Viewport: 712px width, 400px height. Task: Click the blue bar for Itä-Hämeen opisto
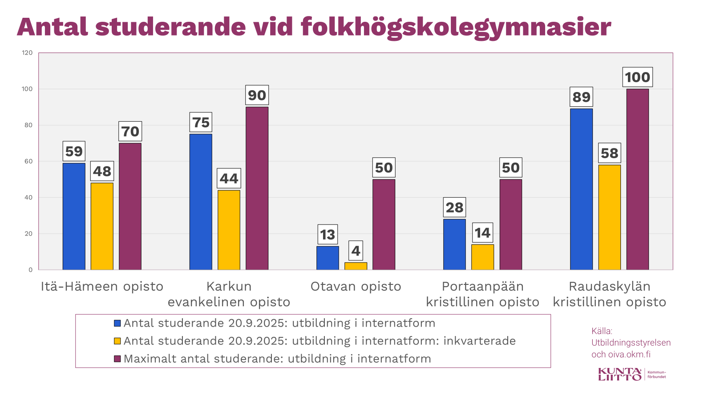tap(74, 216)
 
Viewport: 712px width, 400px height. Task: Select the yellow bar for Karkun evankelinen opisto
tap(229, 230)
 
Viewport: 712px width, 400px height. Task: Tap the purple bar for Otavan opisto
tap(384, 224)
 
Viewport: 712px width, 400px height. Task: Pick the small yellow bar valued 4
tap(356, 266)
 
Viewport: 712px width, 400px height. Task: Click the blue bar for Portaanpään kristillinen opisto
tap(454, 244)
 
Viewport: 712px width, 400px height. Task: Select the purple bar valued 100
tap(637, 179)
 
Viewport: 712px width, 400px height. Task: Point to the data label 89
tap(581, 97)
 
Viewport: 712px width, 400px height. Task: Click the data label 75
tap(201, 122)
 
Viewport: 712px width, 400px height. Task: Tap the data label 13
tap(328, 235)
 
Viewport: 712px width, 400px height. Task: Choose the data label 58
tap(609, 153)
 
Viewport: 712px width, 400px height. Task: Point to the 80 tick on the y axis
tap(28, 125)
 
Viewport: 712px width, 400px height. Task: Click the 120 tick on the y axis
tap(28, 53)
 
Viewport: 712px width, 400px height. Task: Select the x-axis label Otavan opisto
tap(356, 287)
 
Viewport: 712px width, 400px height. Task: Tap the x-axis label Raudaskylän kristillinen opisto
tap(609, 294)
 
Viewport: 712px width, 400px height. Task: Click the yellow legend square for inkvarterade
tap(117, 341)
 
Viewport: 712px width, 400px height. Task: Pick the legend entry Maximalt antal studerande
tap(277, 359)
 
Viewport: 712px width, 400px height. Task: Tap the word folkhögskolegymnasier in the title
tap(456, 28)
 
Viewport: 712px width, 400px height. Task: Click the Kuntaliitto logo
tap(620, 374)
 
